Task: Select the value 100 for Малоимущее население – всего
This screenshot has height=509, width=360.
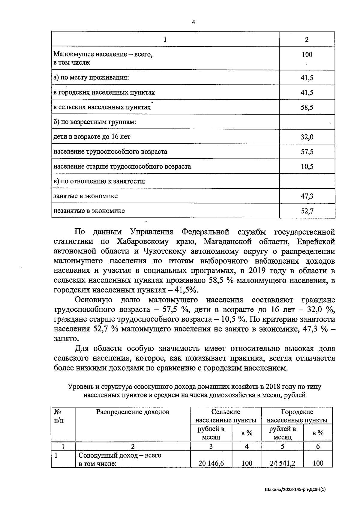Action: coord(307,55)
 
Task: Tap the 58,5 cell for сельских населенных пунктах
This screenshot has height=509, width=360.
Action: coord(307,107)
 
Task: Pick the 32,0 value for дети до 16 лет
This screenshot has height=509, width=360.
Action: coord(307,137)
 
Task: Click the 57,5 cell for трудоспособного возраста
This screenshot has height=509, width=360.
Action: coord(307,152)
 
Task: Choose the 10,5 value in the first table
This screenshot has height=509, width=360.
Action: coord(307,167)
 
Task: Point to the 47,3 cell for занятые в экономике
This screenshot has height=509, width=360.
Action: coord(307,196)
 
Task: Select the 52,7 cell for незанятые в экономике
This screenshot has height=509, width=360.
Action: coord(307,211)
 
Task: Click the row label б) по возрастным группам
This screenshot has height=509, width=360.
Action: coord(95,122)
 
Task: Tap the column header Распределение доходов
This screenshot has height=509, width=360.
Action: coord(132,412)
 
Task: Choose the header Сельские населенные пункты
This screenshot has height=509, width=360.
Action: coord(226,416)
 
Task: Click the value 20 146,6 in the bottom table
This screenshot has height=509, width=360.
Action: coord(211,463)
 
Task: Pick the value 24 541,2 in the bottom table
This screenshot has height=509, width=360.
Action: coord(282,463)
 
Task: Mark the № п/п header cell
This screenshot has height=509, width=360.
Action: coord(59,416)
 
